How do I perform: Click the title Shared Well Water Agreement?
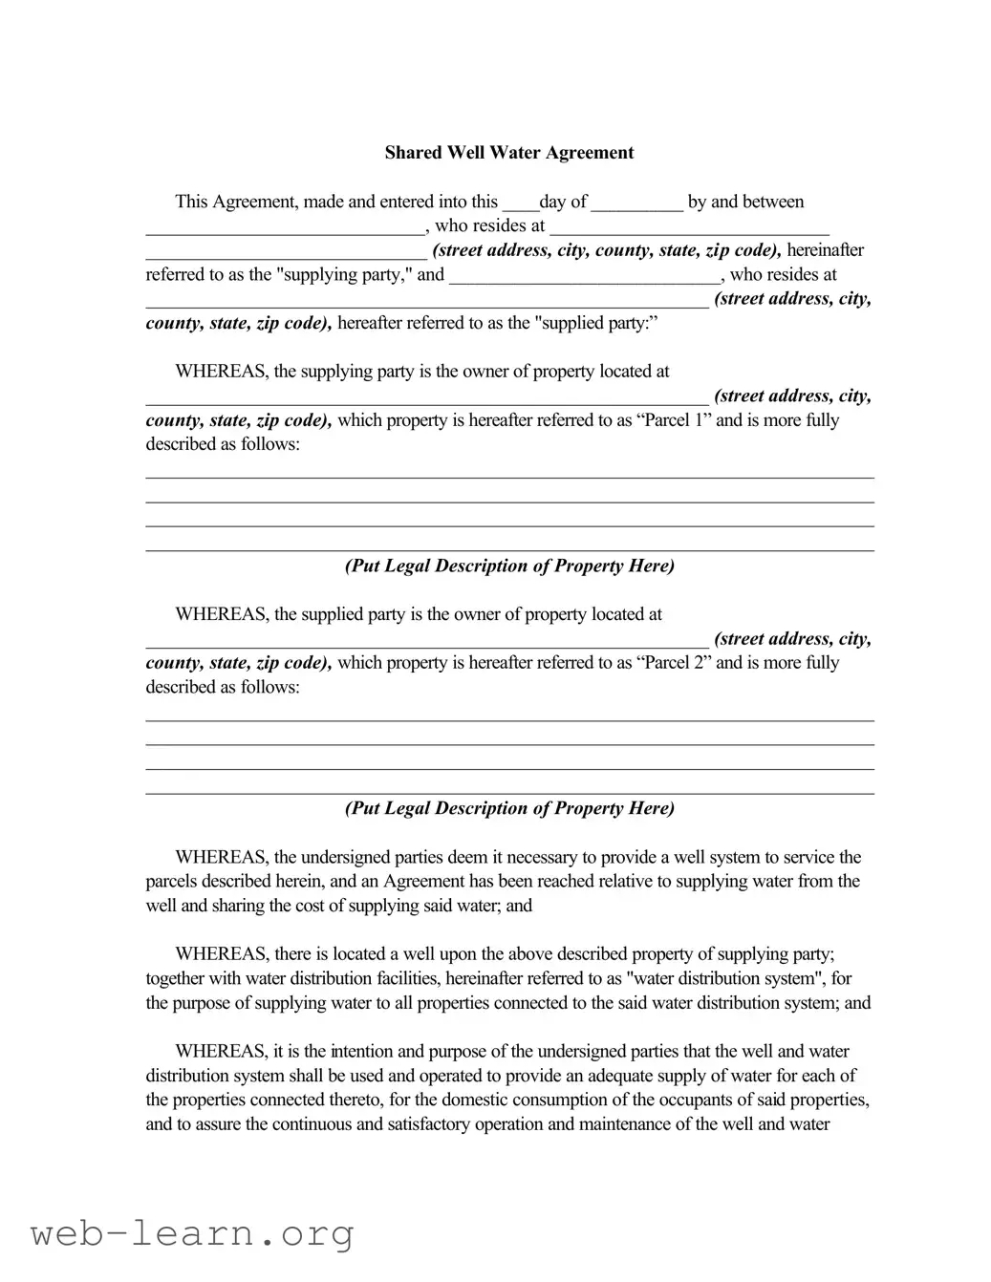(508, 153)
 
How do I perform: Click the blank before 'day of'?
(520, 203)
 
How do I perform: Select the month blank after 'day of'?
(636, 203)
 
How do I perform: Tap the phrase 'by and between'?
(745, 203)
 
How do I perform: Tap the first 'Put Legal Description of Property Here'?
(509, 566)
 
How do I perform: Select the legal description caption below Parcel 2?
(509, 808)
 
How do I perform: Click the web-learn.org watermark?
(192, 1234)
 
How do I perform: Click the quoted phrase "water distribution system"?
(722, 979)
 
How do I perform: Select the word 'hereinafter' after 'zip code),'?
(825, 250)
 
